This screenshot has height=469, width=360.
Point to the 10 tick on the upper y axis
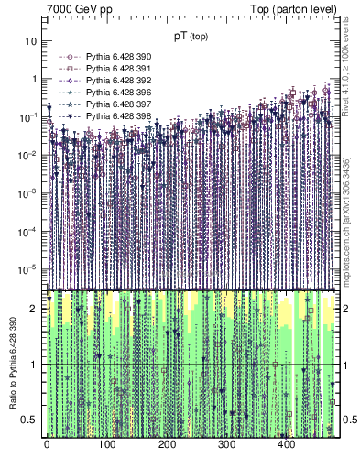tap(33, 41)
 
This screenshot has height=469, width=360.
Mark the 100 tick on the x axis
tap(106, 444)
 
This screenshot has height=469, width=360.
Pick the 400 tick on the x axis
tap(286, 444)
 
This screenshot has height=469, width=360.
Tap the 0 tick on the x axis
tap(47, 444)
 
